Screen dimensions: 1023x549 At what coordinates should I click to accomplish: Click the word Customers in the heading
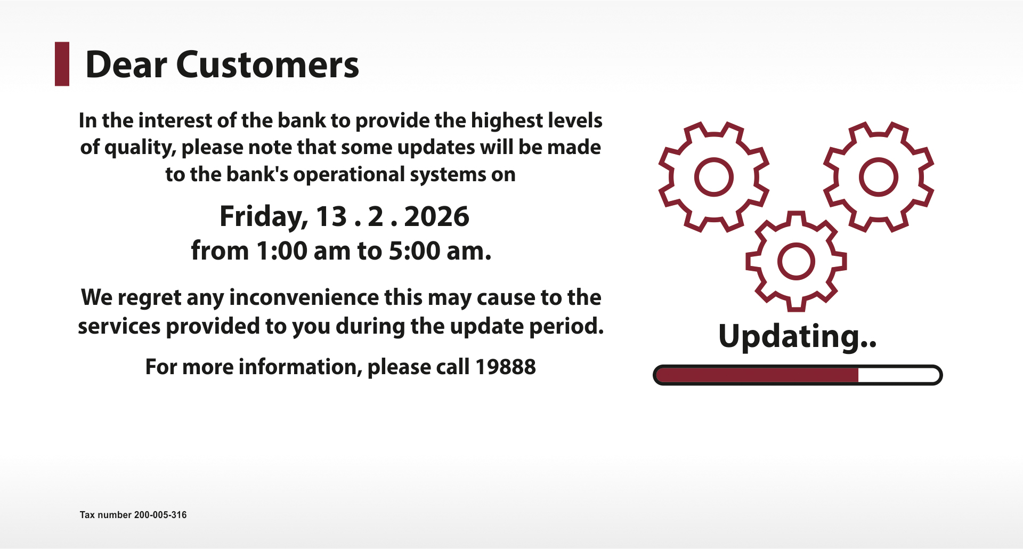click(x=267, y=65)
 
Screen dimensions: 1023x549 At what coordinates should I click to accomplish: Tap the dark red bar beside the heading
click(x=62, y=64)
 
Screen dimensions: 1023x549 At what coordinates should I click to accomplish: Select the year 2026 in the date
click(x=436, y=216)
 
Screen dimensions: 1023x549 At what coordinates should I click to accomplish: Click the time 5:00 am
click(x=440, y=251)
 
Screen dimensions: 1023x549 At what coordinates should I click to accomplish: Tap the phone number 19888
click(x=505, y=367)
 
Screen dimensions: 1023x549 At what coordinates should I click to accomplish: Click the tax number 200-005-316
click(x=160, y=515)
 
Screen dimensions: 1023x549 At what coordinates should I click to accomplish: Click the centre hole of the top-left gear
click(x=714, y=176)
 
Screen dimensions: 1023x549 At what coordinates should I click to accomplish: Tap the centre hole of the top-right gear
click(x=879, y=176)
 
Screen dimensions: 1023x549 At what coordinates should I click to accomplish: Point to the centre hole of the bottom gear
click(x=796, y=261)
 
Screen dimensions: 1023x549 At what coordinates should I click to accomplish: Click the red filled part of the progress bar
click(x=757, y=375)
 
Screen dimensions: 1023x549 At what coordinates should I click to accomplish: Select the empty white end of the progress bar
click(x=898, y=375)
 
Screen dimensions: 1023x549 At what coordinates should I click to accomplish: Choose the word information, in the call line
click(x=300, y=367)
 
